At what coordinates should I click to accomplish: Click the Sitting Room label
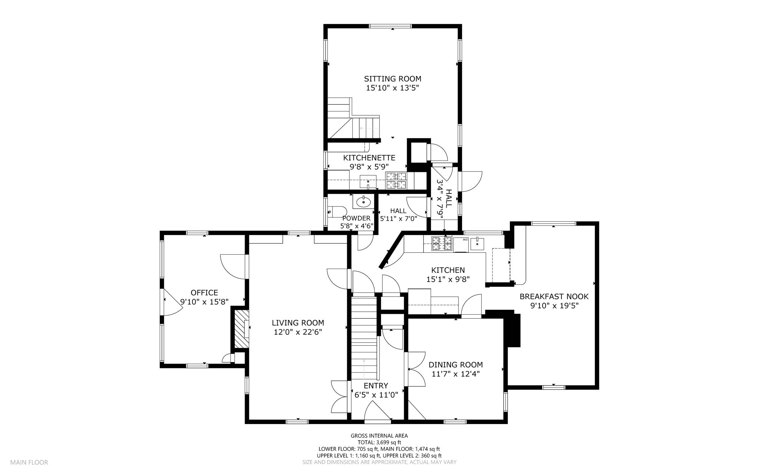pos(392,79)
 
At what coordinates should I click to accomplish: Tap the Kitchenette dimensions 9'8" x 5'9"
pos(369,167)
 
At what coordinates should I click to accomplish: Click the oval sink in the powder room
pos(364,202)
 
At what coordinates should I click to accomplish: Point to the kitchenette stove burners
pos(396,180)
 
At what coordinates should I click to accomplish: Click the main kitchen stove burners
pos(442,243)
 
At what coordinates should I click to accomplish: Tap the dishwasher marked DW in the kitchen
pos(461,245)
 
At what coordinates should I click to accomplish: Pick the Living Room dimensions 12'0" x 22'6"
pos(298,332)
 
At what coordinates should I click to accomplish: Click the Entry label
pos(376,385)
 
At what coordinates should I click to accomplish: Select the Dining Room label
pos(455,365)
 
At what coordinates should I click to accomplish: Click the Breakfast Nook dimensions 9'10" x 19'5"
pos(554,306)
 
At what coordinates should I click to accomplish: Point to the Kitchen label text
pos(448,270)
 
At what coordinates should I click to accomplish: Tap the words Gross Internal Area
pos(379,436)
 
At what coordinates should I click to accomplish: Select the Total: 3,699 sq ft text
pos(379,442)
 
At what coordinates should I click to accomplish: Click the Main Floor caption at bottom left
pos(29,462)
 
